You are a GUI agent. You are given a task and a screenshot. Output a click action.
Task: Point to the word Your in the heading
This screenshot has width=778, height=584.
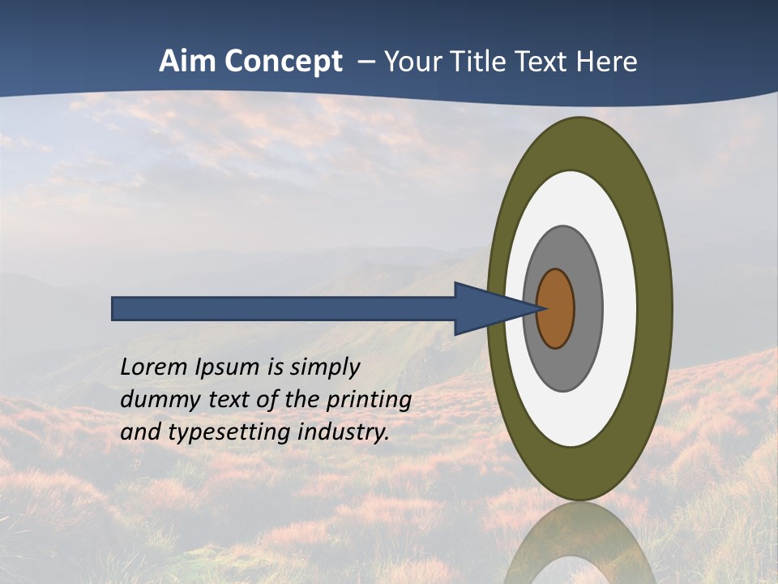pos(408,62)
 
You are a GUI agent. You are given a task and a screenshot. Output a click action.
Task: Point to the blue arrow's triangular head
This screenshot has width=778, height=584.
pos(486,308)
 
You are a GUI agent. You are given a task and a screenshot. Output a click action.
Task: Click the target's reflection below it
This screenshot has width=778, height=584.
pos(579,543)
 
